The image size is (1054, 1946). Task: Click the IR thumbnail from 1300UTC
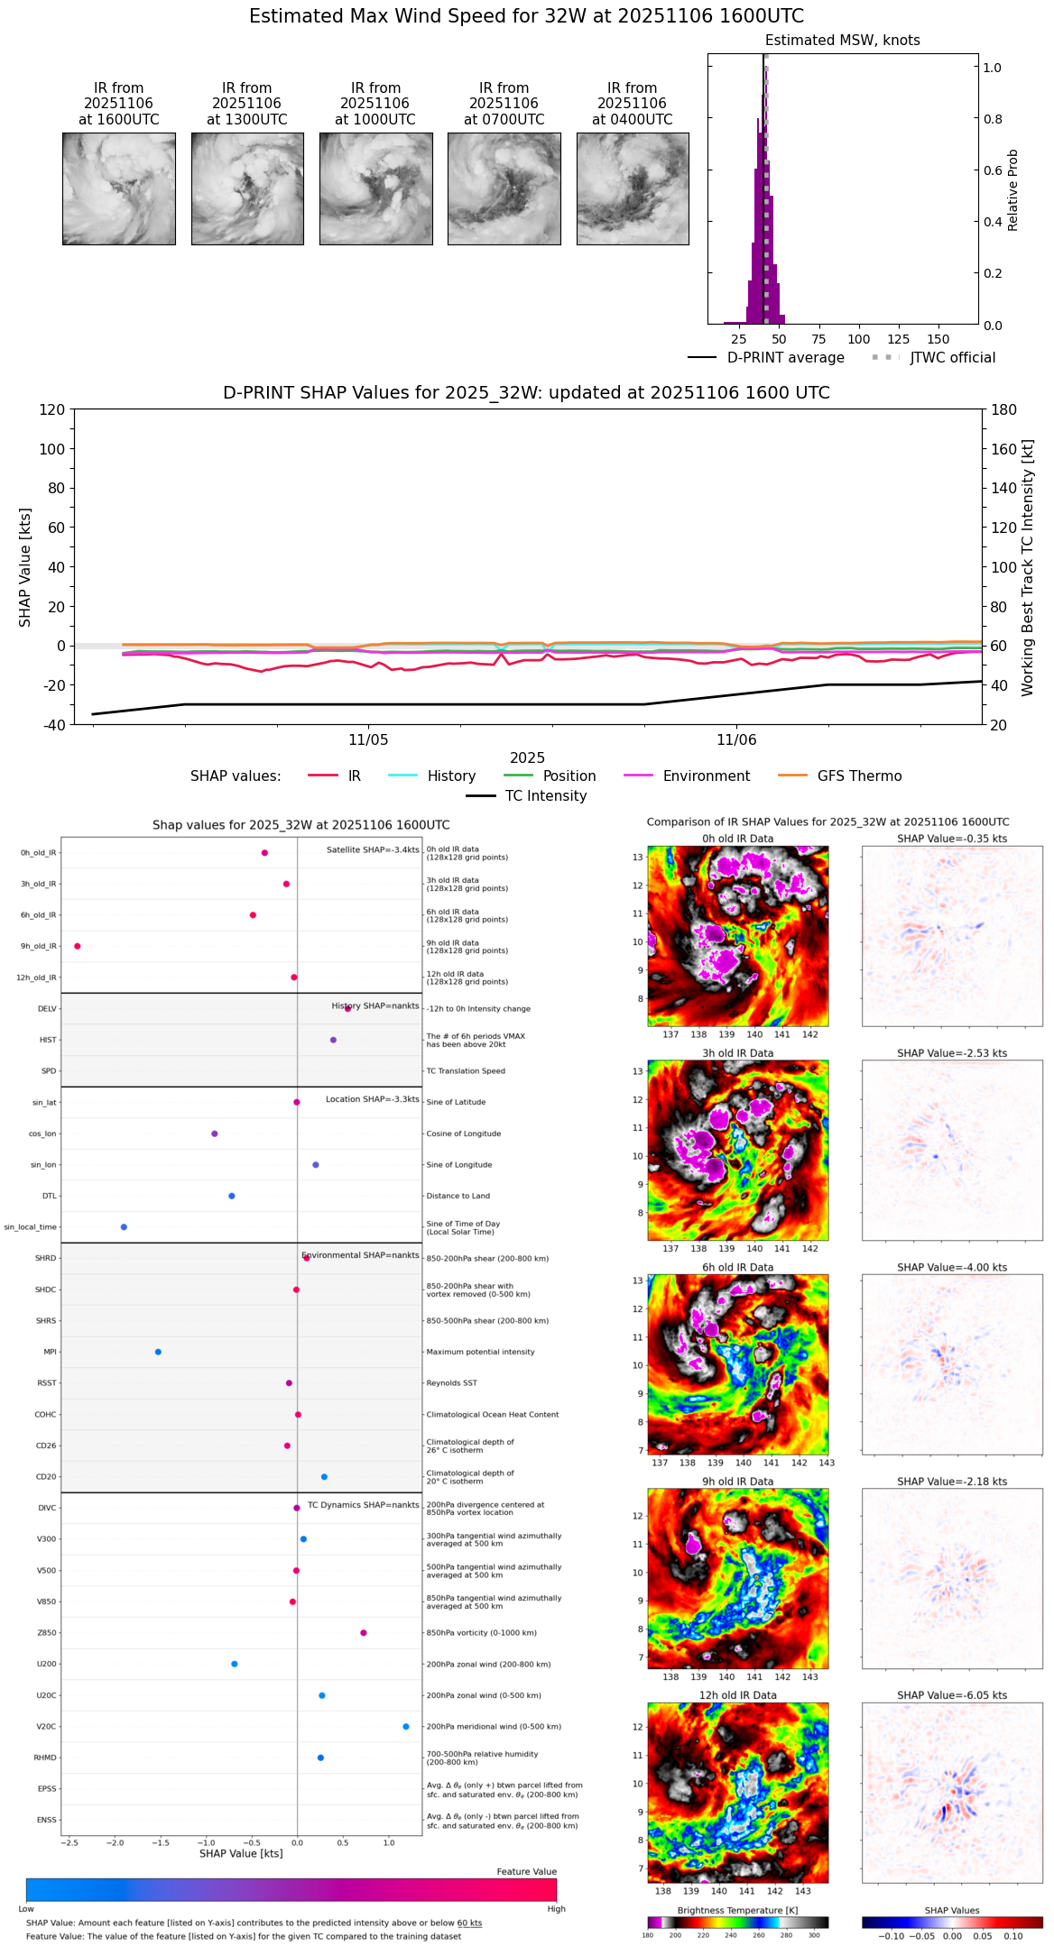(247, 188)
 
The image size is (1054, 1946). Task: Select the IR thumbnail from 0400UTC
(633, 188)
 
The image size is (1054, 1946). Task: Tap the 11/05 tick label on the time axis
(368, 740)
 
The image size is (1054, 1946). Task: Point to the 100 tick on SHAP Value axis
(51, 449)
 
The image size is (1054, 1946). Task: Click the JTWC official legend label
(952, 358)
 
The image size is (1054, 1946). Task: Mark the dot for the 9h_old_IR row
(78, 946)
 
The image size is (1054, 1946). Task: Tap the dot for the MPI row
(158, 1352)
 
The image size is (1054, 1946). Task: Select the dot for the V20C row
(406, 1727)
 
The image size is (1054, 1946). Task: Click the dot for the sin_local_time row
(124, 1227)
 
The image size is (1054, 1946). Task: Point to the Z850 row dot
(364, 1633)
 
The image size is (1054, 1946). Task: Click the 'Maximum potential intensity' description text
(480, 1352)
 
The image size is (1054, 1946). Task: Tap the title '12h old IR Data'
(737, 1695)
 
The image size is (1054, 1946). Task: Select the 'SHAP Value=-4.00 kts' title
(952, 1267)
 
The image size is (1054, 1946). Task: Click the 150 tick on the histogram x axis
(938, 339)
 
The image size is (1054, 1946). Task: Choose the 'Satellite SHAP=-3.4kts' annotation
(373, 849)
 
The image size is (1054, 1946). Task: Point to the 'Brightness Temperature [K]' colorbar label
(737, 1910)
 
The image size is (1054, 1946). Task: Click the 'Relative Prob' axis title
(1012, 189)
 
